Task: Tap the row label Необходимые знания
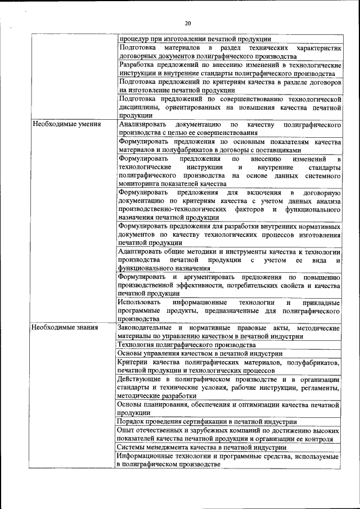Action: pos(65,327)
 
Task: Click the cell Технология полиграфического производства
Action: pos(186,344)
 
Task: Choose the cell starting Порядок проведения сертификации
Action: pos(206,421)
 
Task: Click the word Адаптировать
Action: pos(140,251)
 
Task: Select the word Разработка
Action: pos(138,65)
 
